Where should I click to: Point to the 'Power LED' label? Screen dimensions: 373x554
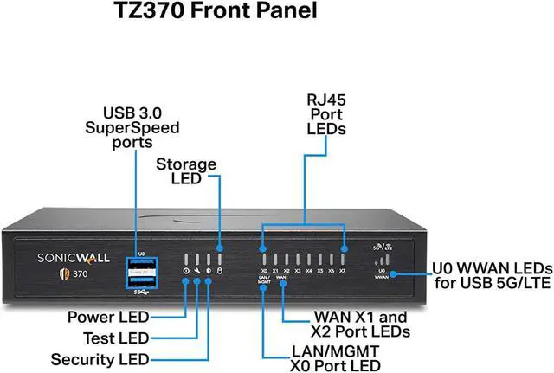coord(108,317)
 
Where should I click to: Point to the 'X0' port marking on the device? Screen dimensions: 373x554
coord(264,271)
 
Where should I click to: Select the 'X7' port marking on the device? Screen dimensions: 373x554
coord(343,271)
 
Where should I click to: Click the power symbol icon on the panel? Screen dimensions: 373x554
coord(186,272)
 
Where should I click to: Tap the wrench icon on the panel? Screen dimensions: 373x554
coord(197,272)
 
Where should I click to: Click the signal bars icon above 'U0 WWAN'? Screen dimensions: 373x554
coord(382,259)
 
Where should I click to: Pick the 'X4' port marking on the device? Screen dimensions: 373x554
coord(309,271)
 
